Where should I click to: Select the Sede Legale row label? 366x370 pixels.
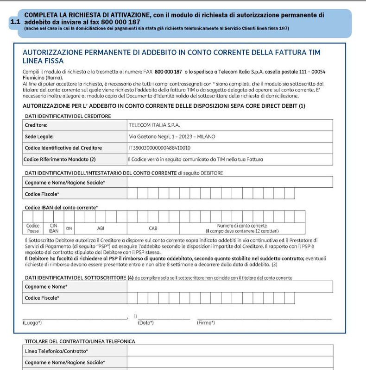(x=39, y=136)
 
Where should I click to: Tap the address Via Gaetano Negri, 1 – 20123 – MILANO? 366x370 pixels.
(x=171, y=136)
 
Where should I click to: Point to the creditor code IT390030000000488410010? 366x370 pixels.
(x=159, y=148)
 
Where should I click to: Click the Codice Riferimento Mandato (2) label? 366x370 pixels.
(x=60, y=159)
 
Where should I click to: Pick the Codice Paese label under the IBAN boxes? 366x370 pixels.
(x=33, y=228)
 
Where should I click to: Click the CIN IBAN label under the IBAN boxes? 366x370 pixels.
(x=54, y=228)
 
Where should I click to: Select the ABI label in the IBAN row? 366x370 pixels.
(x=101, y=228)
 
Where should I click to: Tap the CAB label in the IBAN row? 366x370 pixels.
(x=153, y=228)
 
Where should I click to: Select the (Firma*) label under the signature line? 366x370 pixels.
(x=206, y=322)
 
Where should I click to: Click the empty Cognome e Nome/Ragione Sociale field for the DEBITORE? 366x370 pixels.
(x=229, y=183)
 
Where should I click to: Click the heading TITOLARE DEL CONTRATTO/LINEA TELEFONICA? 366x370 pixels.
(x=79, y=341)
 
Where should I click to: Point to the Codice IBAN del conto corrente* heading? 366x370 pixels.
(x=61, y=207)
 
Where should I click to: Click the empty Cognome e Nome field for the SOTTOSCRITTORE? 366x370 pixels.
(x=229, y=287)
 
